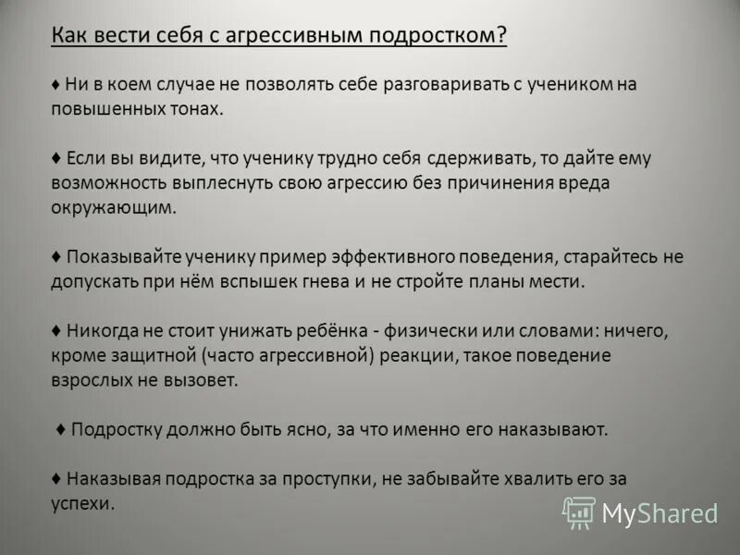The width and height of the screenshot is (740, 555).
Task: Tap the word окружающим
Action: (113, 207)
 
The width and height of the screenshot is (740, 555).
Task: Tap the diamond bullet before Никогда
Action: (56, 331)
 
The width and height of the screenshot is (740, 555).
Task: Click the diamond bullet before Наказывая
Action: (56, 479)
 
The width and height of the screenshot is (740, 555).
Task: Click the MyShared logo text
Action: (660, 513)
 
